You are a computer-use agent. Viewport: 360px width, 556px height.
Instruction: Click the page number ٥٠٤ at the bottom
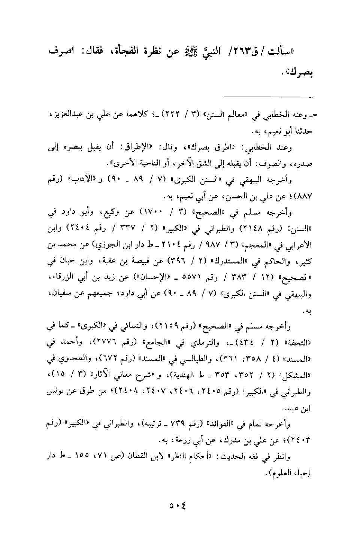pyautogui.click(x=177, y=506)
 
